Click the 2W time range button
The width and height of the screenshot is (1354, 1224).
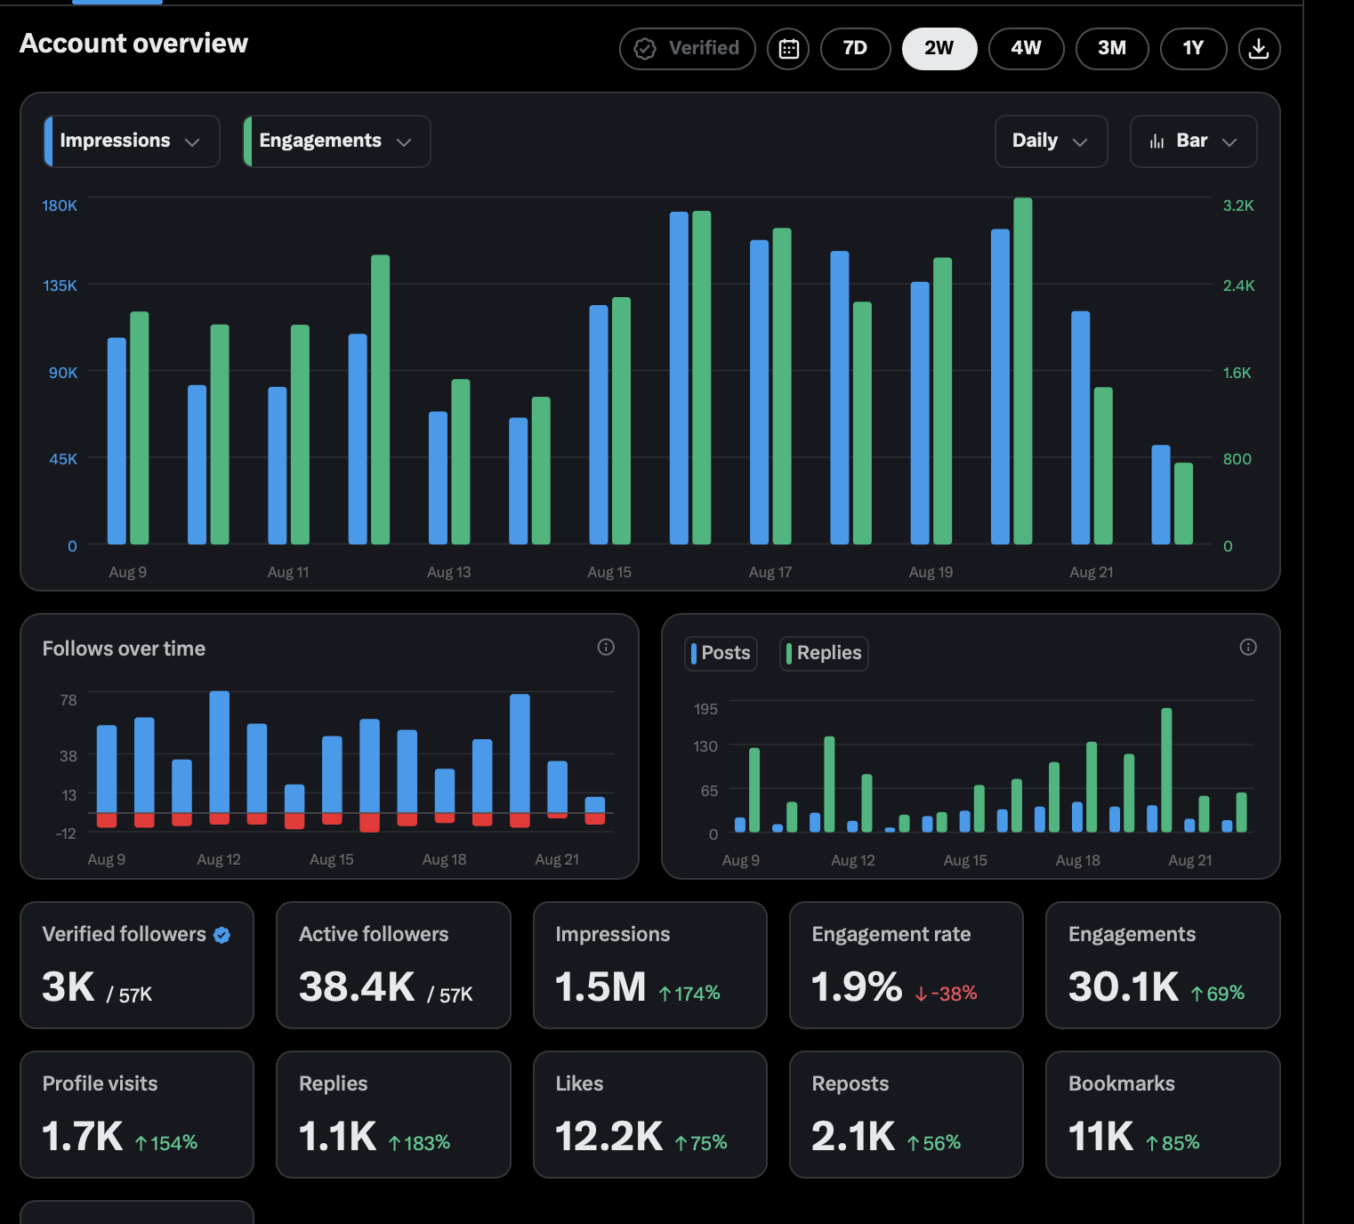939,49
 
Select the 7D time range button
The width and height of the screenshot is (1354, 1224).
855,49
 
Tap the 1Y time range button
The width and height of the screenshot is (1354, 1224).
1193,49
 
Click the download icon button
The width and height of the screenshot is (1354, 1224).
1259,49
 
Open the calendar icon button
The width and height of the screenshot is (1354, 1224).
788,49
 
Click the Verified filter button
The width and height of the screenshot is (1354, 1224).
687,49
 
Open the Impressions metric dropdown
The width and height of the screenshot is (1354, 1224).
132,141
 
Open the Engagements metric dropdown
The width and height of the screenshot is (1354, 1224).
337,141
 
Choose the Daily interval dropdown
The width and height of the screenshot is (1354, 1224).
1051,141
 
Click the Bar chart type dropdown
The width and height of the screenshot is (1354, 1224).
1193,141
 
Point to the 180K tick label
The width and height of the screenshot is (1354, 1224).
60,205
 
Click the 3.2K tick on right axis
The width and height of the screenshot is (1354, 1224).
1237,205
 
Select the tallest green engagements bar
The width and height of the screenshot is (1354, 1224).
1022,371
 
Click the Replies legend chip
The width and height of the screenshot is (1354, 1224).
824,653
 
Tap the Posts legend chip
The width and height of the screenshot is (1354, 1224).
721,653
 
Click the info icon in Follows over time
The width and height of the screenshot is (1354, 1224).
606,647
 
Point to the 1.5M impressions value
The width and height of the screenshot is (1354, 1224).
600,986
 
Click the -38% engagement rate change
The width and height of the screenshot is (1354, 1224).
946,993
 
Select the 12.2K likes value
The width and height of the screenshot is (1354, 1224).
608,1136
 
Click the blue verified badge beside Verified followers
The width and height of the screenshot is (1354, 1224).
222,935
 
